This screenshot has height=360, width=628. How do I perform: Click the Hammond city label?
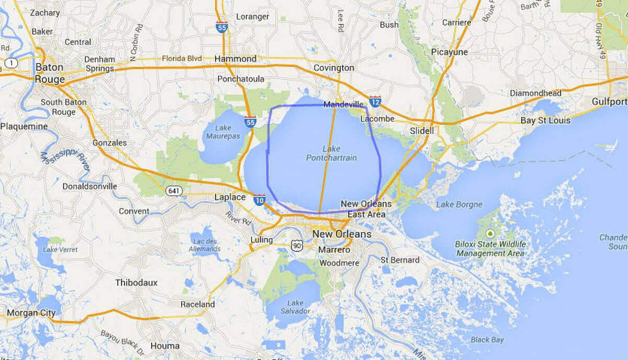235,59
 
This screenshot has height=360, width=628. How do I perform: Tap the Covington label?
333,68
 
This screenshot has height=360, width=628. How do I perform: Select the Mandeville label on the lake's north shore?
343,105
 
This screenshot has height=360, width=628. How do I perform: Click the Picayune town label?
449,52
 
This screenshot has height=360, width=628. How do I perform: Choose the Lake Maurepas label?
223,132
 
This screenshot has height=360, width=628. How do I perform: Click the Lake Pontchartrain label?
332,153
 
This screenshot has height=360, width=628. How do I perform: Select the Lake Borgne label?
459,205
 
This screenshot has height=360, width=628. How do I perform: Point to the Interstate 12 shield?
375,101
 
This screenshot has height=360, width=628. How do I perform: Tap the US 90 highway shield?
297,244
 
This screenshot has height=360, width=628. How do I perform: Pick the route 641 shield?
174,191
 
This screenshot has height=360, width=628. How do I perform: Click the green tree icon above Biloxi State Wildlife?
490,233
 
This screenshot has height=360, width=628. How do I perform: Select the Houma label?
165,345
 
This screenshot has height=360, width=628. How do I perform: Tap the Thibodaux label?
136,283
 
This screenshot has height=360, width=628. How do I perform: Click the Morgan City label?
31,313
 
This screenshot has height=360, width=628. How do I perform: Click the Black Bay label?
487,340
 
